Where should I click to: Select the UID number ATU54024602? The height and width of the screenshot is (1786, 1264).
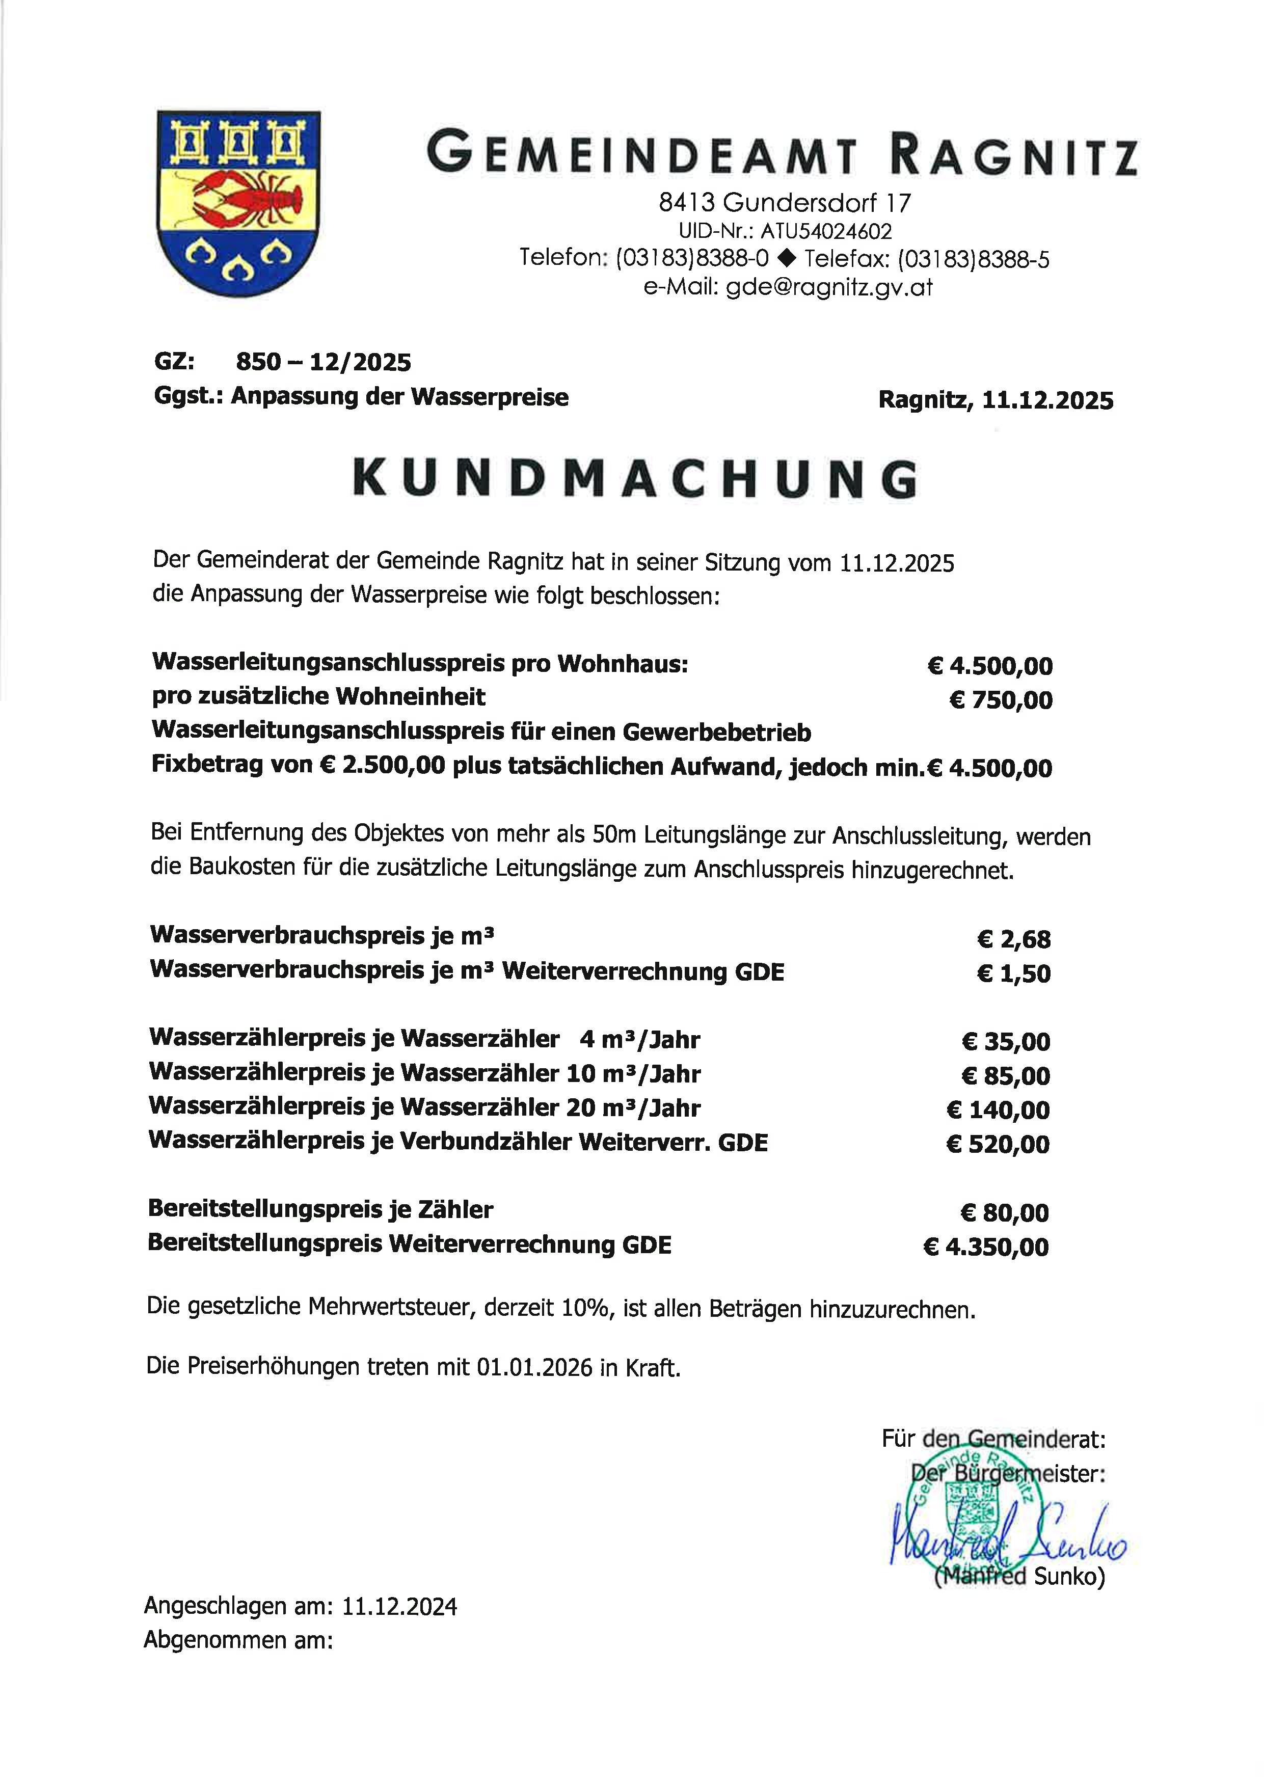pos(826,231)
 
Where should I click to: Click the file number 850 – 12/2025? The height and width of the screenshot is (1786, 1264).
pos(323,362)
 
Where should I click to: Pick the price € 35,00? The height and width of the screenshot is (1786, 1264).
pos(1006,1041)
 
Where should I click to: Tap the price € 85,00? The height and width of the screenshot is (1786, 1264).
pos(1006,1075)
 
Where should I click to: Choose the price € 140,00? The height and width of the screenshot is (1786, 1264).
pos(998,1110)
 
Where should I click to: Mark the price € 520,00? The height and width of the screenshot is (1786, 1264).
pos(998,1144)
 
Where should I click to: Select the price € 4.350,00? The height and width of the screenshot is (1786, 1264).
pos(986,1247)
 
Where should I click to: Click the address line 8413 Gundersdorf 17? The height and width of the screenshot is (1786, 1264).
pos(785,203)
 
